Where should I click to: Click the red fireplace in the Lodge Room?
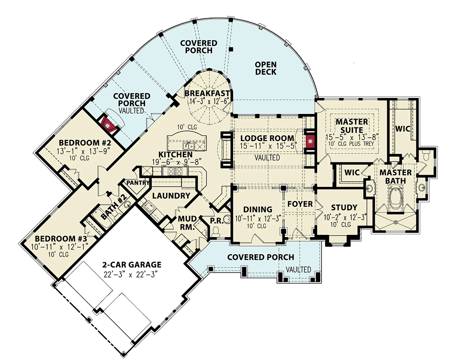[310, 139]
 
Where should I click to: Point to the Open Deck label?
[266, 68]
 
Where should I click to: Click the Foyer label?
[300, 204]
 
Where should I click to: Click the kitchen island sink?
[189, 145]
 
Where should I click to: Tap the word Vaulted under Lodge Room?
[267, 158]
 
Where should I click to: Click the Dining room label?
[258, 209]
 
